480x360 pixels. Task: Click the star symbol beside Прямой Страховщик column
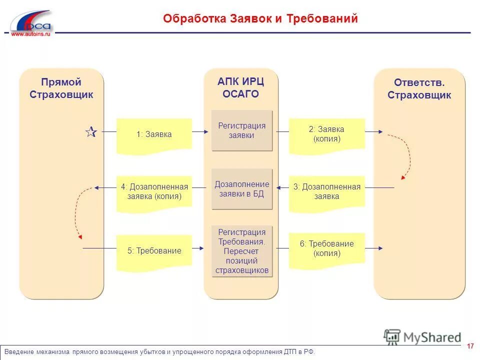(90, 132)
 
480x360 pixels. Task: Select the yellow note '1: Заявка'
(154, 134)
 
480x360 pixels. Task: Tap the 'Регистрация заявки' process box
(242, 130)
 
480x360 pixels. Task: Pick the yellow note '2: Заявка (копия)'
(326, 134)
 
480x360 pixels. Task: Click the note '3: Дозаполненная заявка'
(326, 191)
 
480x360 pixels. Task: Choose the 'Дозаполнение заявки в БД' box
(242, 189)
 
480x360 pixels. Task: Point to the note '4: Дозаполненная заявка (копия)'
(154, 192)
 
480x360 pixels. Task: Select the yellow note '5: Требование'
(154, 251)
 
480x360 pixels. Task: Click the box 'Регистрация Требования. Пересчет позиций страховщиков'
(242, 251)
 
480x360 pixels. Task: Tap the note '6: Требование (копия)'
(326, 248)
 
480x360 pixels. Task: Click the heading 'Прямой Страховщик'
(61, 88)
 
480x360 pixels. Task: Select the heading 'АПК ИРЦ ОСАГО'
(241, 87)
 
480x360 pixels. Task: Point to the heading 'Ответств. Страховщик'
(419, 89)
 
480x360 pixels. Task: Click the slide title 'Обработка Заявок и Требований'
(260, 19)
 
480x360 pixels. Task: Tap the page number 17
(470, 346)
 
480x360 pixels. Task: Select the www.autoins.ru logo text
(31, 34)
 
